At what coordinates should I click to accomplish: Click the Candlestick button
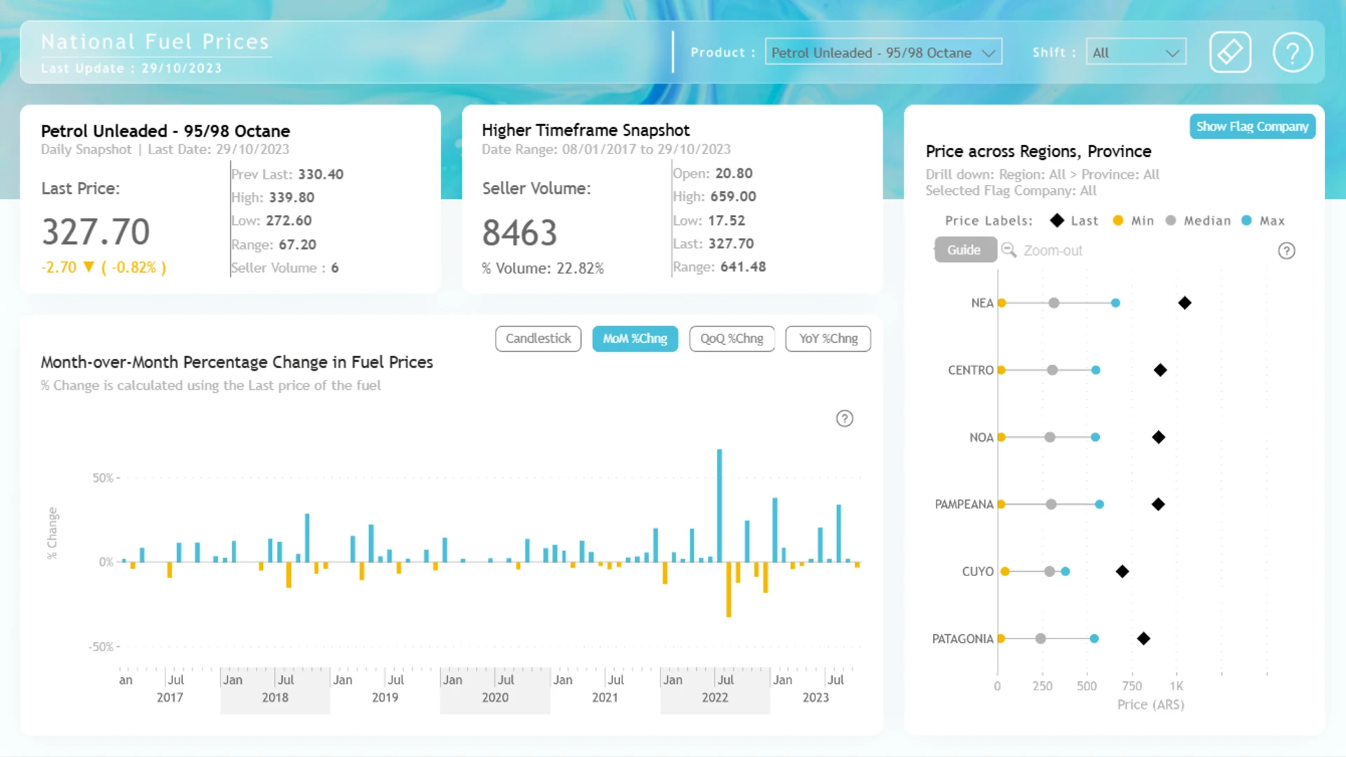(x=538, y=339)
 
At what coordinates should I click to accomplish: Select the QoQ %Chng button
(x=732, y=339)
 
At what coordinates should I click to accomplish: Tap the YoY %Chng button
(x=828, y=339)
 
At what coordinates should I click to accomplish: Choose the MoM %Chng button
(x=635, y=339)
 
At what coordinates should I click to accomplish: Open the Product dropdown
(x=883, y=53)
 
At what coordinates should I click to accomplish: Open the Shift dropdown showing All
(x=1136, y=53)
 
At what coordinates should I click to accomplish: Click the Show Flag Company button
(x=1252, y=127)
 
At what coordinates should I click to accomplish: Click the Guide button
(x=965, y=250)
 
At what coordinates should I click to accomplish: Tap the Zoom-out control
(x=1042, y=250)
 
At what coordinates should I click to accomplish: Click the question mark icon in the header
(x=1293, y=53)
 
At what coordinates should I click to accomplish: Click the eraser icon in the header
(x=1230, y=53)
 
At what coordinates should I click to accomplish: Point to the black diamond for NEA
(x=1185, y=303)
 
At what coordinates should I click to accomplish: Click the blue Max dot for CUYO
(x=1066, y=571)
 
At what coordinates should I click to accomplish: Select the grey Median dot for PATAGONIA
(x=1041, y=639)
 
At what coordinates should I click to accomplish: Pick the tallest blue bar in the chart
(x=719, y=505)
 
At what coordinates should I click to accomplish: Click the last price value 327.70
(x=96, y=232)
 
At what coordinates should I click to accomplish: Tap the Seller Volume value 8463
(x=519, y=233)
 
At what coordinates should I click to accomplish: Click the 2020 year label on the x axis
(x=495, y=697)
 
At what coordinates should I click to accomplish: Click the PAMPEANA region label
(x=964, y=504)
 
